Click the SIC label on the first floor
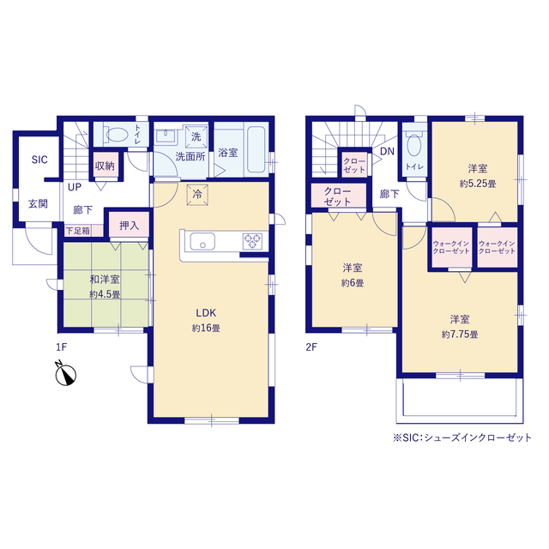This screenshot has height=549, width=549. tap(39, 160)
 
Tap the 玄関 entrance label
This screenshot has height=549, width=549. tap(38, 204)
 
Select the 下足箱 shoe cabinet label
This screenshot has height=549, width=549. tap(78, 231)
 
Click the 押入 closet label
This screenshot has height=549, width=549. tap(129, 226)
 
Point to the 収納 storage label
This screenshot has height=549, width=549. tap(105, 166)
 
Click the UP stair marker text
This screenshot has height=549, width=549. tap(75, 187)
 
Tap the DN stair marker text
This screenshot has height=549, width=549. tap(387, 151)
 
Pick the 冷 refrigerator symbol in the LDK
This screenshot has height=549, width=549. tap(197, 194)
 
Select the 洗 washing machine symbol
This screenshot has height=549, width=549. tap(196, 136)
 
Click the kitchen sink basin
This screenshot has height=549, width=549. tap(202, 241)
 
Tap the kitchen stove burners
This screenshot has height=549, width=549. tap(252, 241)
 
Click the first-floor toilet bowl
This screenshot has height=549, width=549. tap(116, 135)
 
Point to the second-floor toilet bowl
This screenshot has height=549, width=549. tap(414, 145)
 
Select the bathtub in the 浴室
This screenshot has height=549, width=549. tap(256, 148)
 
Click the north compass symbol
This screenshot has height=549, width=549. tap(65, 374)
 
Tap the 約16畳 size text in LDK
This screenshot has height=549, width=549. tap(206, 328)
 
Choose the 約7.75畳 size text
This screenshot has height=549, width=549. tap(460, 335)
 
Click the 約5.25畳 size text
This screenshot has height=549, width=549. tap(478, 184)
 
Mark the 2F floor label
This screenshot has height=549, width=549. tap(311, 347)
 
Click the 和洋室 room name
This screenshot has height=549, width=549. tap(105, 280)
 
